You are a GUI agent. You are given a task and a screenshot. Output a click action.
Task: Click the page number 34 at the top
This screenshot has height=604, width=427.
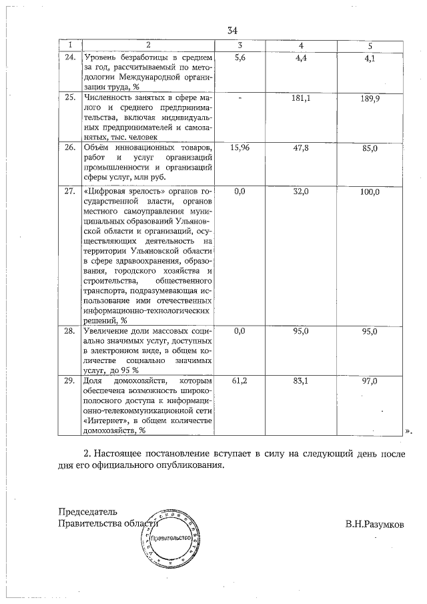[232, 31]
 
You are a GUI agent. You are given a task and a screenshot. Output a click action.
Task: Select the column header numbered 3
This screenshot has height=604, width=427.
[240, 45]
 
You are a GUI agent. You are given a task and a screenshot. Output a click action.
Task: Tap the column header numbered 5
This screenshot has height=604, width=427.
[370, 45]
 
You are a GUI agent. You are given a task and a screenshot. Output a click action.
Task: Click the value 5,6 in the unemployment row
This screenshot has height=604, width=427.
[241, 58]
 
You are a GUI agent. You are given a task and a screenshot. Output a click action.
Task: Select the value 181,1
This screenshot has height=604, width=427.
[302, 98]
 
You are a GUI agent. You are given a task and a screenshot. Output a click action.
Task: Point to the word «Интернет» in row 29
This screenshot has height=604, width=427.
[105, 420]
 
